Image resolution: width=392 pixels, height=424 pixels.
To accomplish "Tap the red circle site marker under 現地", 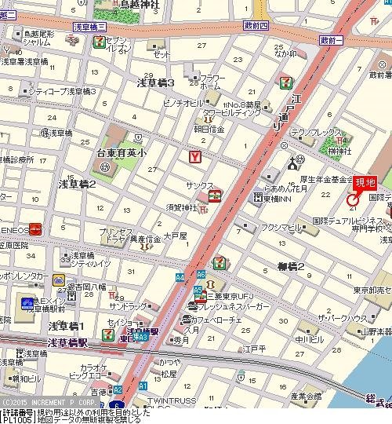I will click(x=352, y=202).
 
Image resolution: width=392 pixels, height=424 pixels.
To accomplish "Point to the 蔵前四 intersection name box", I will click(x=256, y=26).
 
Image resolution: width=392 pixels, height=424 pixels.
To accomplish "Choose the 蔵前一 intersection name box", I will click(x=333, y=38).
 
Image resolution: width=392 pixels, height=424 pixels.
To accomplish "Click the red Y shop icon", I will click(x=194, y=157).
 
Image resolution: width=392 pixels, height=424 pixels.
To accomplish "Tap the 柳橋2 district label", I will click(x=290, y=267).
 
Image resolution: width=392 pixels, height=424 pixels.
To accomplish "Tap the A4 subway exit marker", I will click(x=180, y=276).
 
